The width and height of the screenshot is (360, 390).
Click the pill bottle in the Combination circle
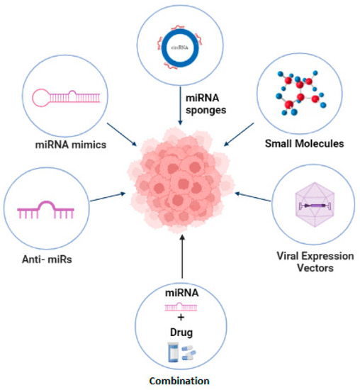click(x=169, y=352)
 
